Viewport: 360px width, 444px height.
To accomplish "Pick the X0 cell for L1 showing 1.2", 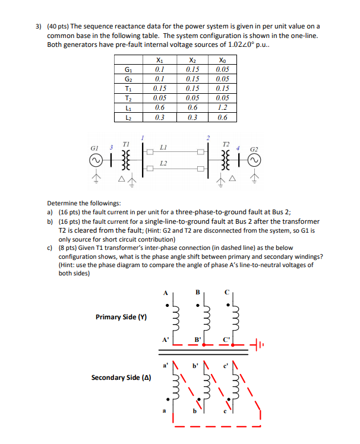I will (x=222, y=107).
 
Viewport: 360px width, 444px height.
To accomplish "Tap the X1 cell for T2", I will (x=158, y=98).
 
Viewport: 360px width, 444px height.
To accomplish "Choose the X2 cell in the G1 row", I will (x=192, y=69).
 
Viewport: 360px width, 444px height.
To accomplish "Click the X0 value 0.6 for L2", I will (x=222, y=117).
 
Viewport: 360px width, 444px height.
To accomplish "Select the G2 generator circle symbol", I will (x=255, y=160).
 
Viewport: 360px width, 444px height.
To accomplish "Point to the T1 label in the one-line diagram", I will (x=125, y=144).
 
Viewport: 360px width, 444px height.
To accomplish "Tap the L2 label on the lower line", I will (x=164, y=163).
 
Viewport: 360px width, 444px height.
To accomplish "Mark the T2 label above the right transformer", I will (x=225, y=144).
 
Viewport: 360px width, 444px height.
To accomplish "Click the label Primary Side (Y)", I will (x=121, y=317).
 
